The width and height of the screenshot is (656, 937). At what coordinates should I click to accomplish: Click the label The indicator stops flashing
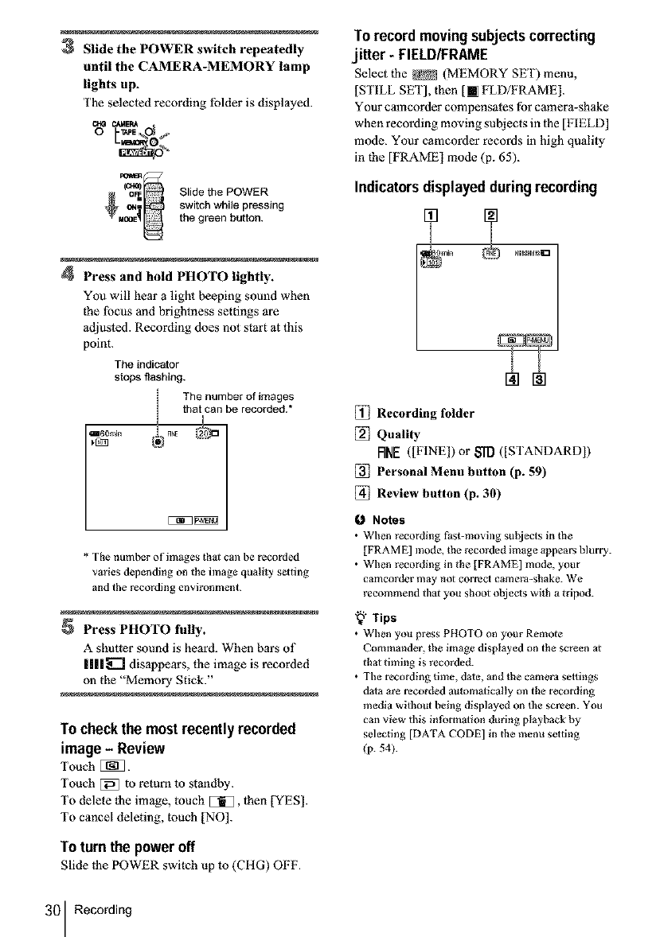149,371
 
